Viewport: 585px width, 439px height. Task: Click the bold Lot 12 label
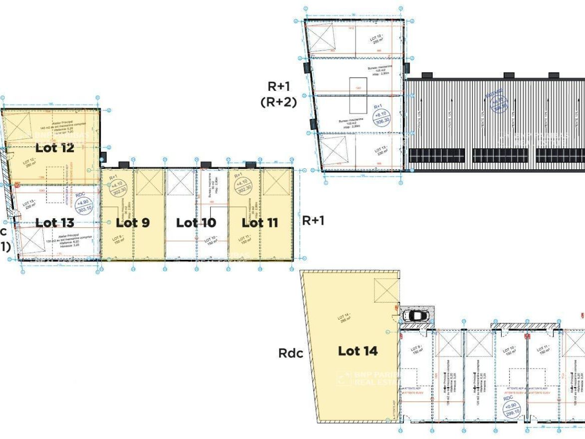pos(55,148)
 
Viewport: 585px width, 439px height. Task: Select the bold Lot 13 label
pos(55,223)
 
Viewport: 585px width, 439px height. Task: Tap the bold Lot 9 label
pos(133,223)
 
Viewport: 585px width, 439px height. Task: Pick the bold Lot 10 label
pos(196,223)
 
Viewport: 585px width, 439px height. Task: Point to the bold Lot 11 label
pos(260,223)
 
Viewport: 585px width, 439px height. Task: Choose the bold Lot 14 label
pos(358,351)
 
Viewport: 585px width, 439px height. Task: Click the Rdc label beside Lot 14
pos(291,354)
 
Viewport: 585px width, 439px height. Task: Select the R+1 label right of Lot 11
pos(313,221)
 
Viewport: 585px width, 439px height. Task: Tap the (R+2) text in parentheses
pos(279,102)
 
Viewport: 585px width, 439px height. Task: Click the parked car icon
pos(416,316)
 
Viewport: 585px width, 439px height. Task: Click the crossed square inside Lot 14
pos(386,290)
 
